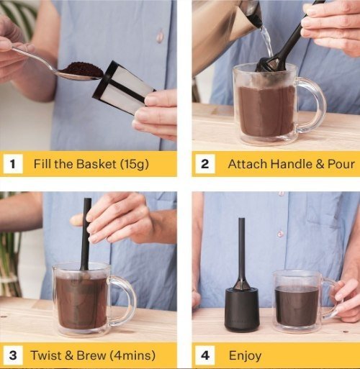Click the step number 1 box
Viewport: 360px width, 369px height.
point(13,164)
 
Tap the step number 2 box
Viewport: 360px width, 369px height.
point(204,164)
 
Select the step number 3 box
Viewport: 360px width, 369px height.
point(13,355)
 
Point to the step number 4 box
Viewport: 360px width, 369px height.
point(204,355)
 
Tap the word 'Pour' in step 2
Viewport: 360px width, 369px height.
point(338,164)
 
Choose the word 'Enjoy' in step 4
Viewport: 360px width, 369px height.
point(245,355)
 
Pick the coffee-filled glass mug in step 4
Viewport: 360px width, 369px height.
point(297,301)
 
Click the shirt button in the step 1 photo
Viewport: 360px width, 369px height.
point(160,36)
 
